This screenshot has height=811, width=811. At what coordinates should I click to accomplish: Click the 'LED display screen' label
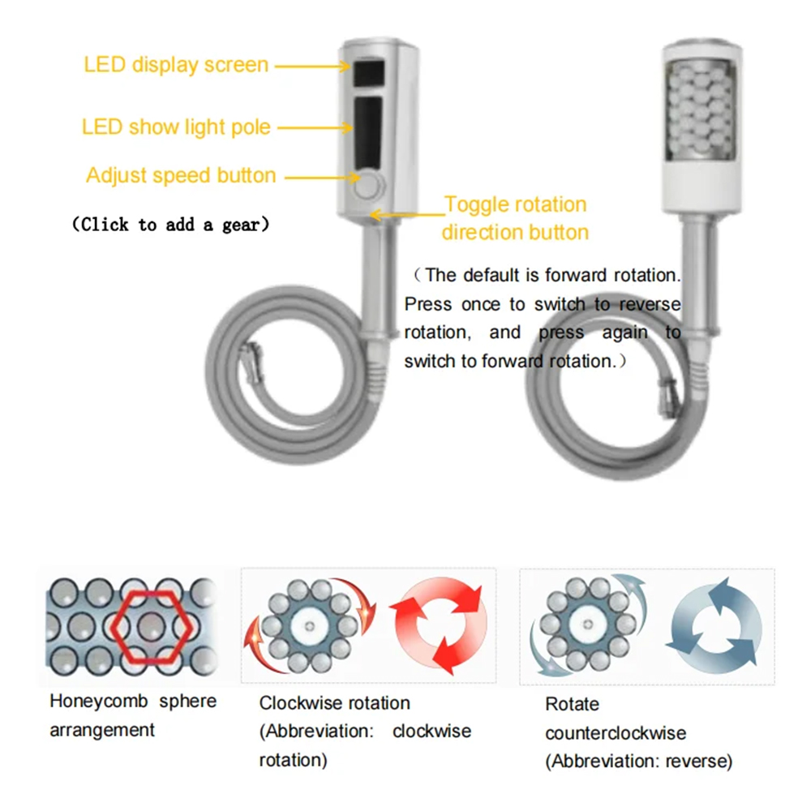(x=176, y=65)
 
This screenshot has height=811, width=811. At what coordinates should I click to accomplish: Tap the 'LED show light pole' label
(x=176, y=127)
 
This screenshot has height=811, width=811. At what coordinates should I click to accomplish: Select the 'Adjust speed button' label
(x=181, y=175)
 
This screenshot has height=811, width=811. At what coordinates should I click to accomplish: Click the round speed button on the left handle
(x=368, y=185)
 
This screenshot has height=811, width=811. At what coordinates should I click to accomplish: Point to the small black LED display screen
(x=369, y=73)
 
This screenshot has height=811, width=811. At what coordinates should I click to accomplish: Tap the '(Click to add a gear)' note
(x=170, y=225)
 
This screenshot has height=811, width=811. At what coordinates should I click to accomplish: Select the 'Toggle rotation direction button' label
(x=515, y=218)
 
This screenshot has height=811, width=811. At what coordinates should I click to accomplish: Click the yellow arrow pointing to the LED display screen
(x=313, y=67)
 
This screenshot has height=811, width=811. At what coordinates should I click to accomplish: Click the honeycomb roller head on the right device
(x=702, y=110)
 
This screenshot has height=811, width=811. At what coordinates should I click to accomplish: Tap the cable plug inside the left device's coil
(x=253, y=362)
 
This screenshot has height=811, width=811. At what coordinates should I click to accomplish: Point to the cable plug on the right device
(x=668, y=397)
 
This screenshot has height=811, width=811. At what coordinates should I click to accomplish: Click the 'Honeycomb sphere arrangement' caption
(x=133, y=715)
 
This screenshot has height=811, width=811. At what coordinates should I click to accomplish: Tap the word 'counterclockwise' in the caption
(x=616, y=733)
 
